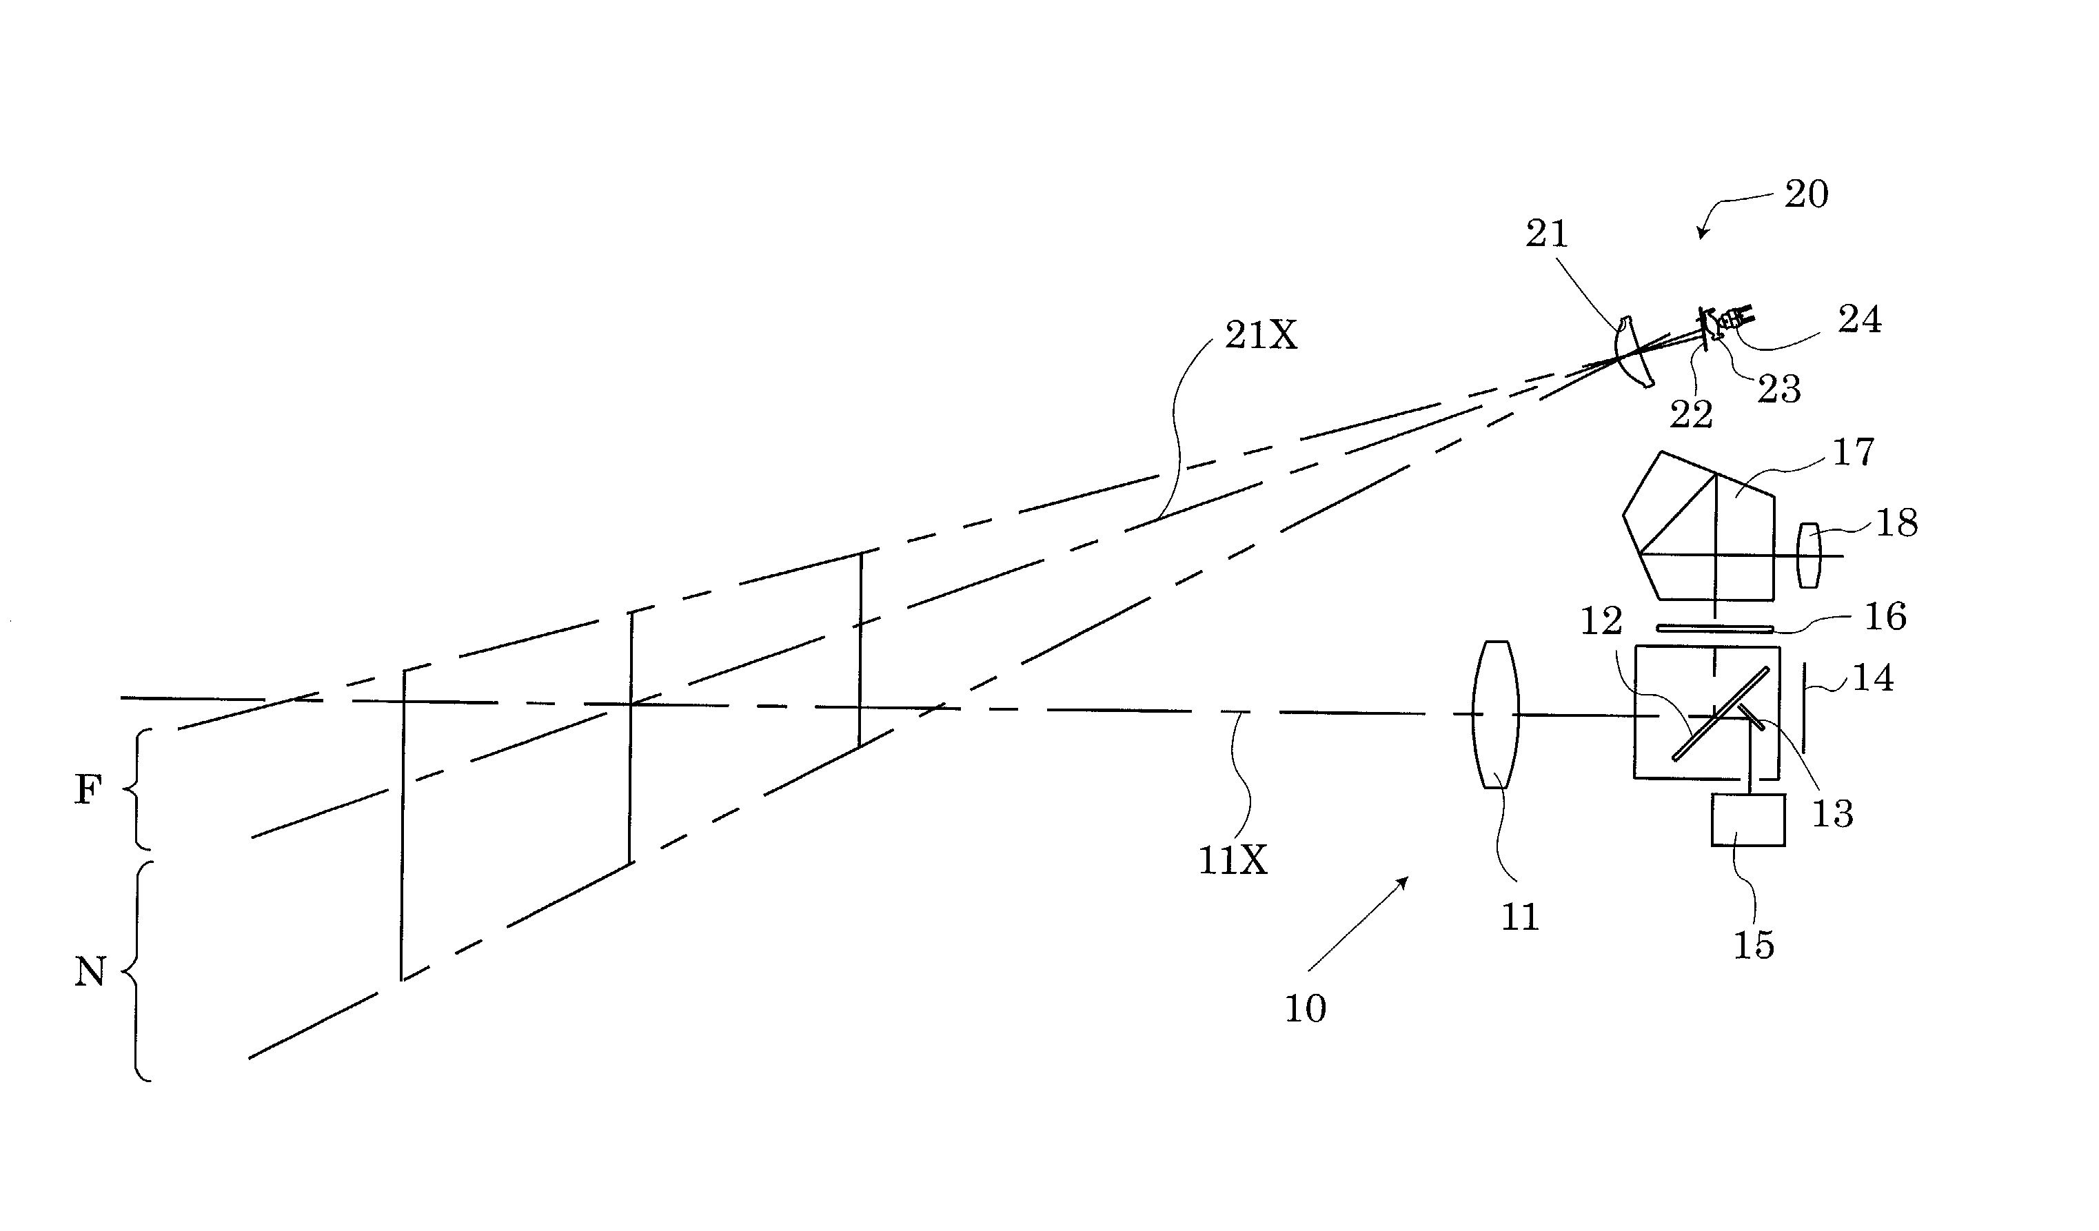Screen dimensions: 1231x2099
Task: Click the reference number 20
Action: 1806,194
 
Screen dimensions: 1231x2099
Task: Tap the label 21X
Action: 1260,336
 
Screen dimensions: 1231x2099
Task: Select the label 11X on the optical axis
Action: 1233,859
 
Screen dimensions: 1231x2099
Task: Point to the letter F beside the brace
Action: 88,789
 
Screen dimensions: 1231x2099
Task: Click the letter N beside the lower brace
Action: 90,971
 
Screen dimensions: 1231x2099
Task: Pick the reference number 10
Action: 1305,1008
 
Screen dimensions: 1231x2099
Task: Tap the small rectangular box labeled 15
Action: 1747,820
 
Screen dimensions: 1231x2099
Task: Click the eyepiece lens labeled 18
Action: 1808,556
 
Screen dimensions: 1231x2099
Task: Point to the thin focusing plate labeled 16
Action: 1714,628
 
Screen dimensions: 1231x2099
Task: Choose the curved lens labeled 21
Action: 1632,351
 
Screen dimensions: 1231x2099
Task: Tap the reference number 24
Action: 1859,320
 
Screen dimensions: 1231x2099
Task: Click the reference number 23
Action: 1779,389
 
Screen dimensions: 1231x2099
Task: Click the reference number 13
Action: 1832,813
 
